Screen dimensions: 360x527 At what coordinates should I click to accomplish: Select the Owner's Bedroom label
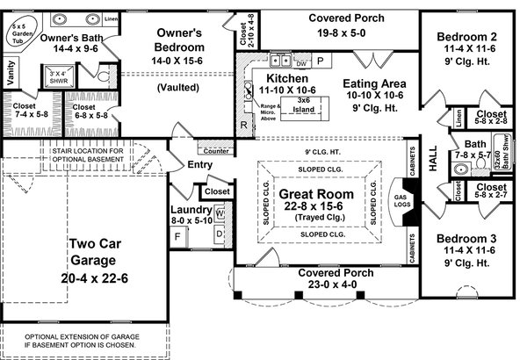[x=178, y=39]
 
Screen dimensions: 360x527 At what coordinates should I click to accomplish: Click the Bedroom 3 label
[x=466, y=241]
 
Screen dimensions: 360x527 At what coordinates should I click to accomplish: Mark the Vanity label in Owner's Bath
[x=10, y=77]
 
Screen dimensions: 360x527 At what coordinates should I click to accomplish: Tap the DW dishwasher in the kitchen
[x=301, y=63]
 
